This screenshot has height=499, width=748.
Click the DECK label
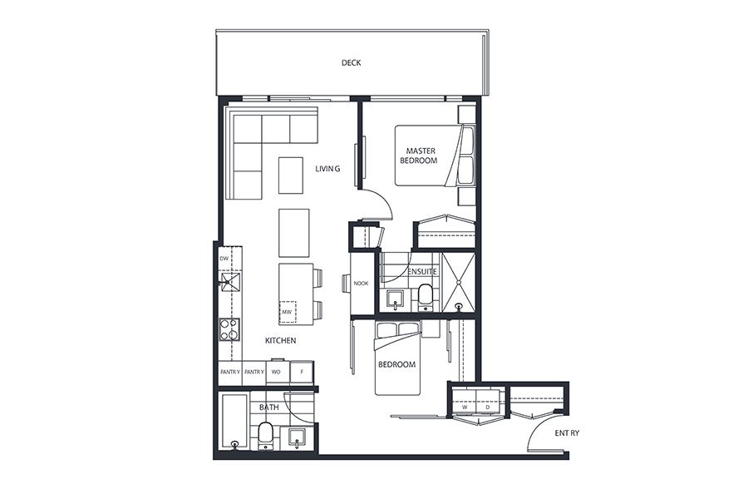[x=351, y=62]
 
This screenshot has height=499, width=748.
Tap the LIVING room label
[x=327, y=169]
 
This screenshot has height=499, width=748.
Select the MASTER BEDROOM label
[x=418, y=156]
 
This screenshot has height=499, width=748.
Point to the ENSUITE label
[x=421, y=271]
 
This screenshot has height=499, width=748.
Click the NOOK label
[x=362, y=283]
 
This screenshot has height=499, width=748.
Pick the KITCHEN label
[x=281, y=340]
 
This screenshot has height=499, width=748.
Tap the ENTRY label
[x=567, y=433]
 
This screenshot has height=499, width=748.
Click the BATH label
[x=269, y=408]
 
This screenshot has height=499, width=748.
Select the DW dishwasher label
[x=224, y=259]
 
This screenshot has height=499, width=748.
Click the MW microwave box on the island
[x=288, y=312]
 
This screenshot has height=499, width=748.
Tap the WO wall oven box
[x=276, y=372]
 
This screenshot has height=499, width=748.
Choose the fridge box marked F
[x=302, y=372]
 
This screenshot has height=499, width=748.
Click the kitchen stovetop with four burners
[x=229, y=329]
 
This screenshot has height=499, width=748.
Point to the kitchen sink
[x=229, y=282]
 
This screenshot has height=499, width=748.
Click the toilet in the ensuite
[x=425, y=298]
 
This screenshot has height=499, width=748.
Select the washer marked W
[x=464, y=402]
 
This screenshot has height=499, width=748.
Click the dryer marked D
[x=488, y=402]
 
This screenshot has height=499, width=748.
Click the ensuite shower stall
[x=459, y=282]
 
